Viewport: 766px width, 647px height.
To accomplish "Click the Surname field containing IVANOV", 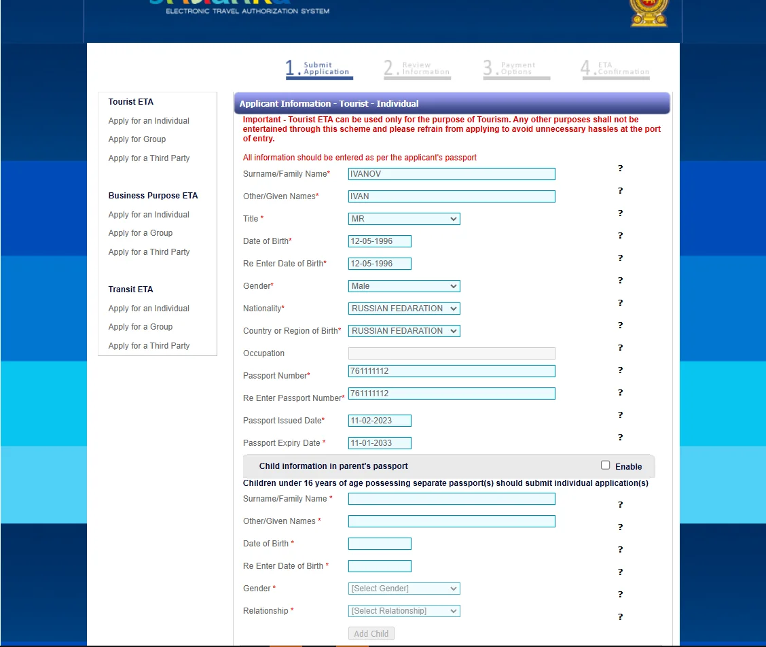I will [451, 174].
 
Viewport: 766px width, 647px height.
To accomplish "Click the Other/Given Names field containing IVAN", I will [451, 196].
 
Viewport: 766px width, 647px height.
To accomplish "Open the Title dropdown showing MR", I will [404, 219].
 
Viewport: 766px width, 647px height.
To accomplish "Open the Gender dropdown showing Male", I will [404, 286].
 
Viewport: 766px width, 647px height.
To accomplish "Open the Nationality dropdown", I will [404, 309].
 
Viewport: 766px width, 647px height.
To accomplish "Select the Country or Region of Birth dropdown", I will [404, 331].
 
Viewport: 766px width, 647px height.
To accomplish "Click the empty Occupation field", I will [451, 353].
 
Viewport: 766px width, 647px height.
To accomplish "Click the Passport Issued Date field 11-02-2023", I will [380, 421].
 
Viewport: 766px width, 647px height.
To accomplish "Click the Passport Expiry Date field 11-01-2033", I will [380, 443].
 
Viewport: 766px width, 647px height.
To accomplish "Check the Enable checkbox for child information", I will [606, 466].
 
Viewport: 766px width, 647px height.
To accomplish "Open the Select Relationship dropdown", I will [404, 611].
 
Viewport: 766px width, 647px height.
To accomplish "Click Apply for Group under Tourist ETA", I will [137, 139].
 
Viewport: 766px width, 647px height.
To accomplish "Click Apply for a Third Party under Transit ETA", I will [149, 346].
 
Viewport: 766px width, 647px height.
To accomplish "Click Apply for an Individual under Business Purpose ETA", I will [149, 215].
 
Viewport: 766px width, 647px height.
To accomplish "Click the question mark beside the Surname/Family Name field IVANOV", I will [620, 169].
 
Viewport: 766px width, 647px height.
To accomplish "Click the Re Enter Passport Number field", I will [451, 394].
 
